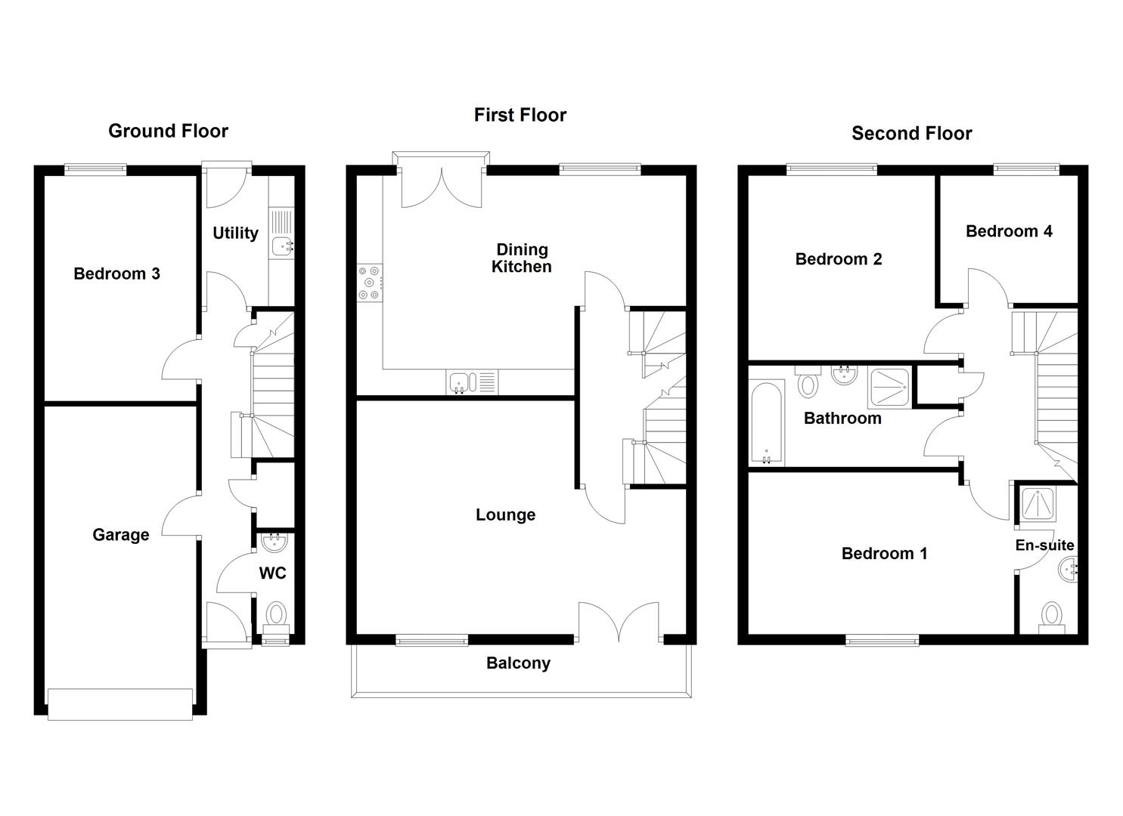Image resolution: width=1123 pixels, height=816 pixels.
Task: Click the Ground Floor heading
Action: pos(168,131)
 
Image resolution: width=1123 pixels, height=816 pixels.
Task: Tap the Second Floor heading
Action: pos(911,134)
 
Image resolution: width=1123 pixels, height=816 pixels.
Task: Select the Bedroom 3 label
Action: pos(116,274)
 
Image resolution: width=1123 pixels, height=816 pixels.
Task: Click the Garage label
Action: pos(120,535)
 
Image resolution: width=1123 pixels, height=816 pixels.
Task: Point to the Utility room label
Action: pos(235,233)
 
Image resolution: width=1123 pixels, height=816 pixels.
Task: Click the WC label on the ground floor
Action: pos(272,573)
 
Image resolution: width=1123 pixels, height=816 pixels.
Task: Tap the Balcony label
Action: pos(518,663)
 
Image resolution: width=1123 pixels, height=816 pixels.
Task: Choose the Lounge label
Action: pos(505,515)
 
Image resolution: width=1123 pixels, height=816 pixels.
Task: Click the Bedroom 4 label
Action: pos(1009,231)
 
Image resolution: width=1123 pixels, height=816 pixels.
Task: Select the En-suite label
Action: pos(1044,545)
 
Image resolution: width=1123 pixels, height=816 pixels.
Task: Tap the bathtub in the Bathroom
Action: pos(767,424)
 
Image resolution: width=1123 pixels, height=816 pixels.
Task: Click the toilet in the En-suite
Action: pos(1051,616)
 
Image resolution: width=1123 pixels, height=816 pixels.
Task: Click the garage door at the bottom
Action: pos(120,704)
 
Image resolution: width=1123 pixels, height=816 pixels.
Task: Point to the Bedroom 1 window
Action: pos(883,641)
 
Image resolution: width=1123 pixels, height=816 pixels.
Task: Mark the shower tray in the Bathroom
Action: pos(890,387)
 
